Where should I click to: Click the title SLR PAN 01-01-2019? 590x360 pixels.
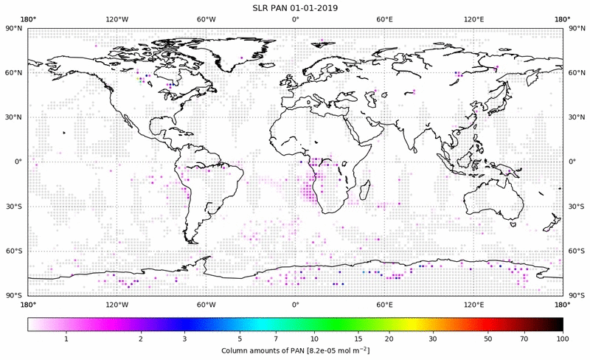tap(295, 7)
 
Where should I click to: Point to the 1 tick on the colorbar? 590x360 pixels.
tap(66, 338)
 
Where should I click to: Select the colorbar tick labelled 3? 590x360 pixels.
tap(185, 338)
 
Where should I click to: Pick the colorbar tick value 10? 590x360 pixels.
tap(315, 338)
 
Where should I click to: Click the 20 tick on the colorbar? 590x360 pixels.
tap(389, 338)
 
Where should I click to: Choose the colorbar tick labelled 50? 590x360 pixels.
tap(488, 338)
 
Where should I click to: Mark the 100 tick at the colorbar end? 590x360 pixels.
tap(563, 338)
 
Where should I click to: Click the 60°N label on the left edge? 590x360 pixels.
tap(14, 73)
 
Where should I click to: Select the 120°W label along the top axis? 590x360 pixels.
tap(117, 19)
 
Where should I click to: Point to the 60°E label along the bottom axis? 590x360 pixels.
tap(384, 304)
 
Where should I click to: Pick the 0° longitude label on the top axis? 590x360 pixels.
tap(295, 19)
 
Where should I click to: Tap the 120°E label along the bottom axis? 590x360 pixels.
tap(473, 304)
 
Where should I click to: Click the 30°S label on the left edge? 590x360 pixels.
tap(14, 207)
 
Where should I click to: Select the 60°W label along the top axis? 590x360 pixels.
tap(206, 19)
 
